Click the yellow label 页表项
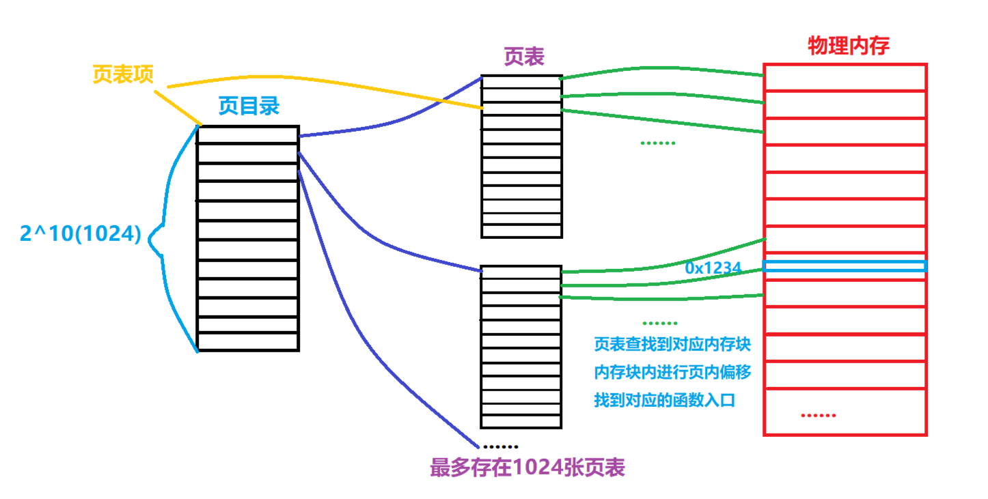pos(124,75)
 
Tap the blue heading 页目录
pos(248,106)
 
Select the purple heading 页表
pos(523,57)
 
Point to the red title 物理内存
pos(848,46)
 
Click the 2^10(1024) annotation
pos(81,234)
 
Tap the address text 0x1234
pos(713,268)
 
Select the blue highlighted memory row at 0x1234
pos(845,266)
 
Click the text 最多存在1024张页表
pos(527,468)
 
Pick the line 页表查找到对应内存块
pos(672,345)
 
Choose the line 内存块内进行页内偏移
pos(672,373)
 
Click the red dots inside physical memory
pos(817,415)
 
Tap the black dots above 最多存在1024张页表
pos(499,446)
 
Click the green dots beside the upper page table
pos(657,143)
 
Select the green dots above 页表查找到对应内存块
pos(660,323)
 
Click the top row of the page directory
pos(248,135)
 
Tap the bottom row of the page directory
pos(248,341)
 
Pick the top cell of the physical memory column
pos(845,77)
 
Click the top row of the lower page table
pos(521,272)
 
